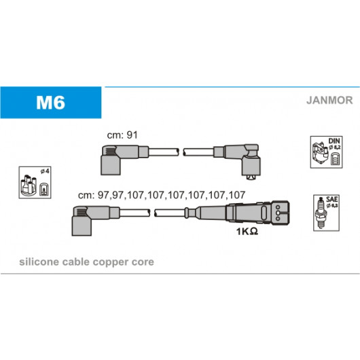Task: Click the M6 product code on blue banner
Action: pyautogui.click(x=50, y=103)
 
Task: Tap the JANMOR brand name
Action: pyautogui.click(x=329, y=101)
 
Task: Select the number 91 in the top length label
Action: pyautogui.click(x=132, y=135)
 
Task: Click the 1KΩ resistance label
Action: pyautogui.click(x=247, y=232)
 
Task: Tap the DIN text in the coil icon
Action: pyautogui.click(x=334, y=141)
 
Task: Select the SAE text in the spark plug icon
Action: pyautogui.click(x=331, y=199)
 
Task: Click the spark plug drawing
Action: pyautogui.click(x=321, y=213)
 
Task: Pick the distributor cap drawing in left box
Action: pyautogui.click(x=29, y=185)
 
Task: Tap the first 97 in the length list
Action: pyautogui.click(x=103, y=195)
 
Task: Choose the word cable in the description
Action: pyautogui.click(x=76, y=262)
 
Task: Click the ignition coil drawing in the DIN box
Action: pyautogui.click(x=320, y=151)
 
